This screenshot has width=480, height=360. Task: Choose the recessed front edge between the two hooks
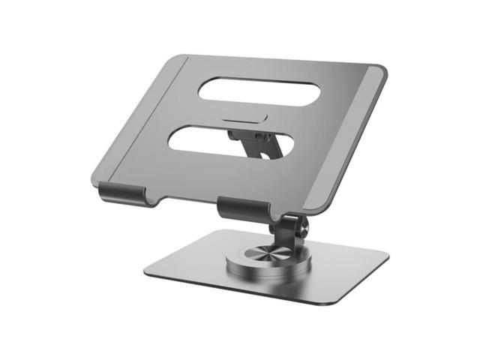click(x=180, y=201)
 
